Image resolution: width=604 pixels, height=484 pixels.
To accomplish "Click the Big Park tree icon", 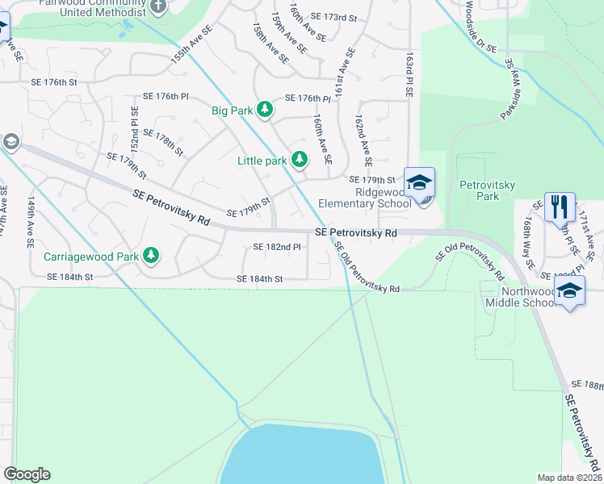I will coord(264,109).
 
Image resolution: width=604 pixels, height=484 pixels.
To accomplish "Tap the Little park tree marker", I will coord(300,160).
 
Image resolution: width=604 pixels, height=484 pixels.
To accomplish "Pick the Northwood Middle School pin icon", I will coord(569,291).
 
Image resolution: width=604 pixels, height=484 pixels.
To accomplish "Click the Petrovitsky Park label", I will coord(482,190).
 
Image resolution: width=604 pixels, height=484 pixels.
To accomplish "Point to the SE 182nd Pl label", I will coord(277,247).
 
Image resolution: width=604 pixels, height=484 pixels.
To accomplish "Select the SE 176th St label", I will coord(54,82).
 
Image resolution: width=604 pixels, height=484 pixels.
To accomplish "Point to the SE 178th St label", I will coord(163,141).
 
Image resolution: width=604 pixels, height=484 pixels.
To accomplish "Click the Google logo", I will coord(27,474).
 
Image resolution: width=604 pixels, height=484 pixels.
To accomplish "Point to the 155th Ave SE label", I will coord(191,44).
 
